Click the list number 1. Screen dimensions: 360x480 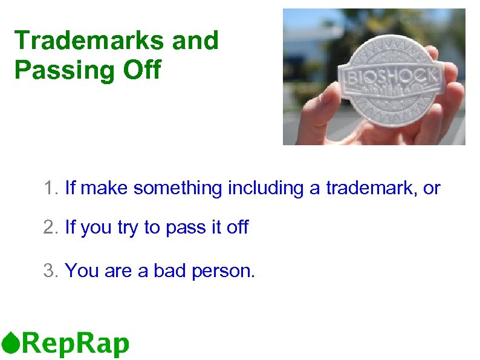(50, 189)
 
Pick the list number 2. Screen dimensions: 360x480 (50, 228)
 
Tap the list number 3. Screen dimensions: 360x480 (50, 270)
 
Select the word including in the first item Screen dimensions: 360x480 (267, 189)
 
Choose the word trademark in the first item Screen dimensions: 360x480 (371, 189)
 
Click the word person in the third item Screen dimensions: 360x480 (223, 271)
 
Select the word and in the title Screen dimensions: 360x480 (195, 41)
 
